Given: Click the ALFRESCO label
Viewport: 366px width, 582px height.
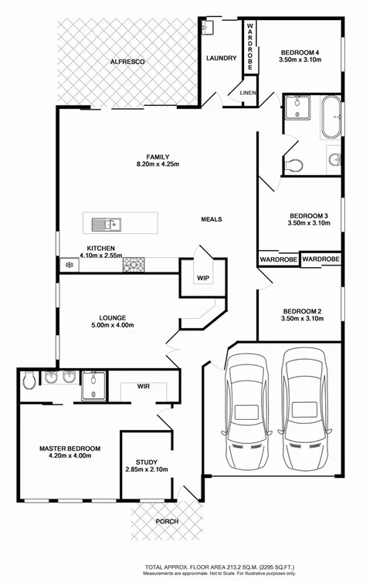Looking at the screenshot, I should tap(127, 61).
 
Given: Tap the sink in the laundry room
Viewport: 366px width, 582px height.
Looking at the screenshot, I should tap(205, 28).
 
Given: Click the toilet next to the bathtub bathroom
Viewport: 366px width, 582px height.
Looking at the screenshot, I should tap(293, 164).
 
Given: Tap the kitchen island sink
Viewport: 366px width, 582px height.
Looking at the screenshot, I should tap(103, 225).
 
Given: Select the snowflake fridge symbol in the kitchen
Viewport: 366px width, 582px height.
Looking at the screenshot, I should tap(69, 265).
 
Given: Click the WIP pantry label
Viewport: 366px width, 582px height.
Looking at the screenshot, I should tap(203, 277).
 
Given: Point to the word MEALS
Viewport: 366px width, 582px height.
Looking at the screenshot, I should tap(212, 219).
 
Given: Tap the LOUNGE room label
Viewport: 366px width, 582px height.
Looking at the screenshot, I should tap(112, 316).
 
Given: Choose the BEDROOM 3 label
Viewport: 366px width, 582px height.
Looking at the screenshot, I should tap(310, 215).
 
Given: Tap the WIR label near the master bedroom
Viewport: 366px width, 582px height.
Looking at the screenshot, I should tap(144, 386).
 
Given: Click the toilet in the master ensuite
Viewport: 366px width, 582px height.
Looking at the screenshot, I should tap(29, 379).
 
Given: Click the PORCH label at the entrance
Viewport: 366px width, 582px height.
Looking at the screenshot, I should tap(166, 522).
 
